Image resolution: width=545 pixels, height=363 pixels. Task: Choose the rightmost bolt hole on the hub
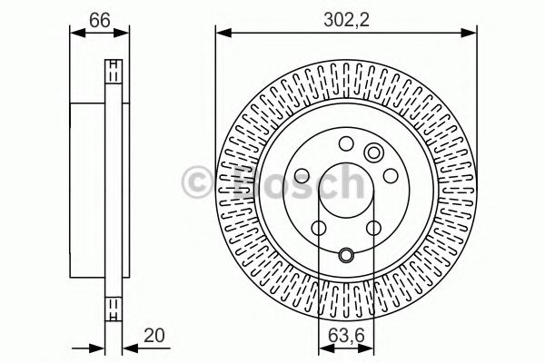pyautogui.click(x=388, y=175)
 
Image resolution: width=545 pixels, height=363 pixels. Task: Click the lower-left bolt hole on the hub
pyautogui.click(x=318, y=228)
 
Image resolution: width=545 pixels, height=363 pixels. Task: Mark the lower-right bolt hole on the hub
pyautogui.click(x=373, y=228)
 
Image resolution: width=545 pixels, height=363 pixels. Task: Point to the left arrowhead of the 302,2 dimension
pyautogui.click(x=220, y=34)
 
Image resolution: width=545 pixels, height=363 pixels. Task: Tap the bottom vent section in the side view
pyautogui.click(x=114, y=308)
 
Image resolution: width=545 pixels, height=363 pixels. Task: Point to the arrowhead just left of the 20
pyautogui.click(x=102, y=346)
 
